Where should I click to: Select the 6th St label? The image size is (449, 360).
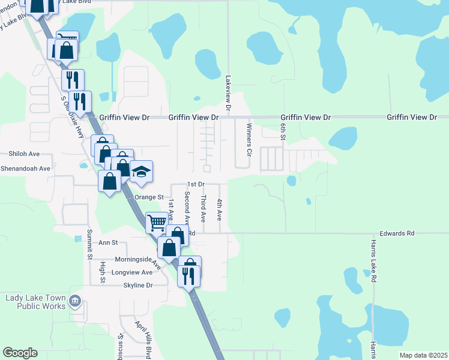click(282, 130)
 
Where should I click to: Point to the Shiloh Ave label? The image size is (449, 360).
click(24, 154)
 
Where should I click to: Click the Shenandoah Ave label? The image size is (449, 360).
click(25, 169)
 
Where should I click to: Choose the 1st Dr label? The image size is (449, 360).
click(196, 184)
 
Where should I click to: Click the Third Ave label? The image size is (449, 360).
click(204, 206)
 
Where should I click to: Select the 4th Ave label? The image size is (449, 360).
click(220, 208)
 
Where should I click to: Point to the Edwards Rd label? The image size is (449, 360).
click(397, 233)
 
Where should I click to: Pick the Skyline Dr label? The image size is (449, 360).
click(138, 285)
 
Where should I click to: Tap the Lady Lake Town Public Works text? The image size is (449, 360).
click(35, 302)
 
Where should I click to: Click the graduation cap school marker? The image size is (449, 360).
click(141, 172)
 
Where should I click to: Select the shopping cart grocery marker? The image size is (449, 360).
click(157, 223)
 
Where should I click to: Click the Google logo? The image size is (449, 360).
click(20, 353)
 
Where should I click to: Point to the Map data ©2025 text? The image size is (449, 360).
click(423, 355)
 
